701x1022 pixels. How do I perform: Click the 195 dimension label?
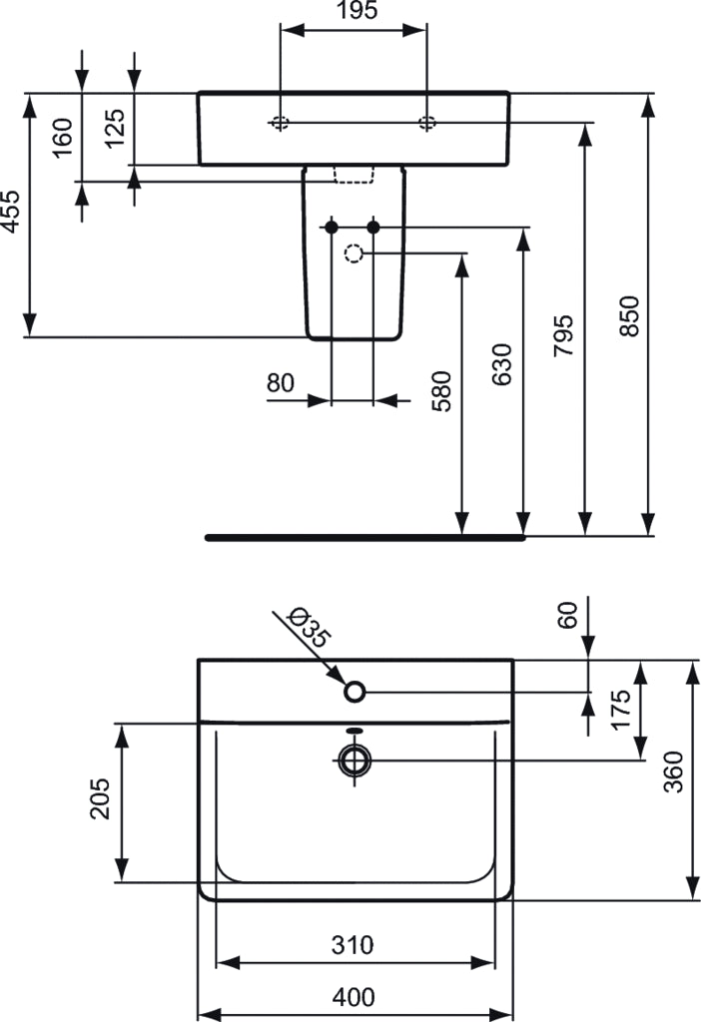[354, 12]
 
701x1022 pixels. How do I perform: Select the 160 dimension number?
[62, 137]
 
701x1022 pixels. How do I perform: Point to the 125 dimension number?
[115, 128]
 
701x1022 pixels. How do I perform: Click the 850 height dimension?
[628, 315]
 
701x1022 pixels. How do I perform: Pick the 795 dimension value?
[563, 336]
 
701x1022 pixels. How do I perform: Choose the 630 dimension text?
[501, 365]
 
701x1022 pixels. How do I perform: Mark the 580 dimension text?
[441, 390]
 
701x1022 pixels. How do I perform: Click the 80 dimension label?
[281, 382]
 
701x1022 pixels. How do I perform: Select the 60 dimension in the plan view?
[568, 616]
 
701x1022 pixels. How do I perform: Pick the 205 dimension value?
[101, 797]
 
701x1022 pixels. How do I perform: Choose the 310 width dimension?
[353, 944]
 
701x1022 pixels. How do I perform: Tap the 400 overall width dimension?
[355, 996]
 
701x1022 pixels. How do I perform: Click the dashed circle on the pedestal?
[353, 254]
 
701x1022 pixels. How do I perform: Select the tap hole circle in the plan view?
[354, 691]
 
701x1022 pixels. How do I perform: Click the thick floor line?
[365, 537]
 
